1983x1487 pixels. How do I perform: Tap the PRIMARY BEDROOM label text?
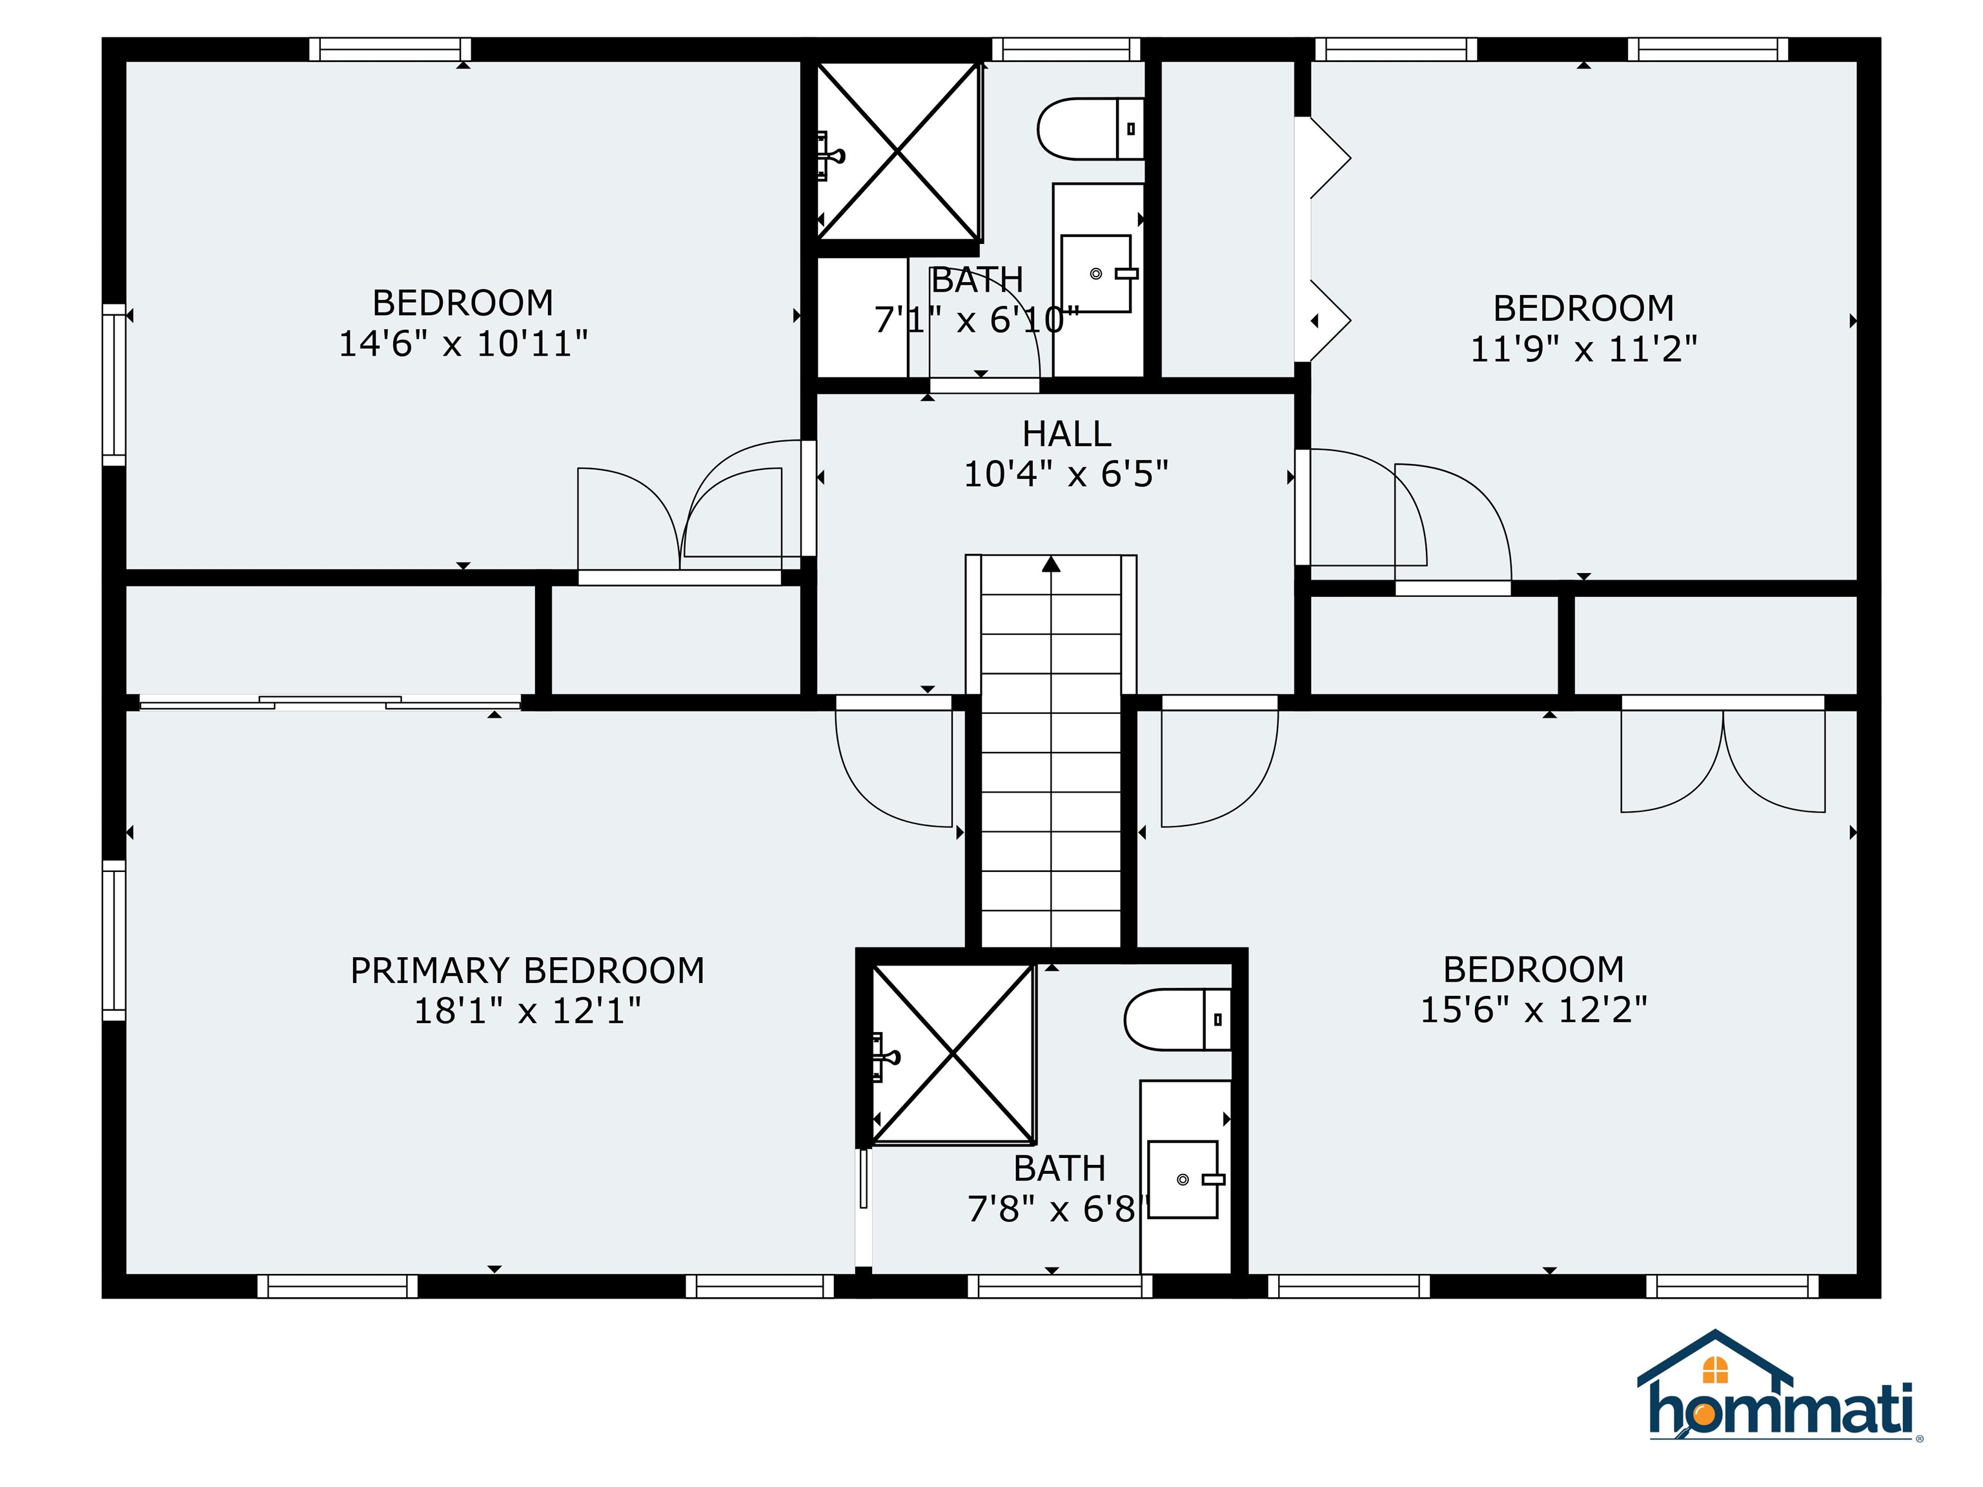pos(527,971)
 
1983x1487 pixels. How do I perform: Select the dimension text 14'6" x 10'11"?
pos(463,344)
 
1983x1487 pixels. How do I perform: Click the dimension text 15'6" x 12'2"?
pos(1534,1010)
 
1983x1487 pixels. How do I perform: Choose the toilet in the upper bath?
pos(1089,129)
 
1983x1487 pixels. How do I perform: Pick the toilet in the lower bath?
pos(1176,1019)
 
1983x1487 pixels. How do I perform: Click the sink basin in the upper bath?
pos(1095,274)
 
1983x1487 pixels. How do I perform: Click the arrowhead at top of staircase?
pos(1052,564)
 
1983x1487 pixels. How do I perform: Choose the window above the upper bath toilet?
pos(1065,49)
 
